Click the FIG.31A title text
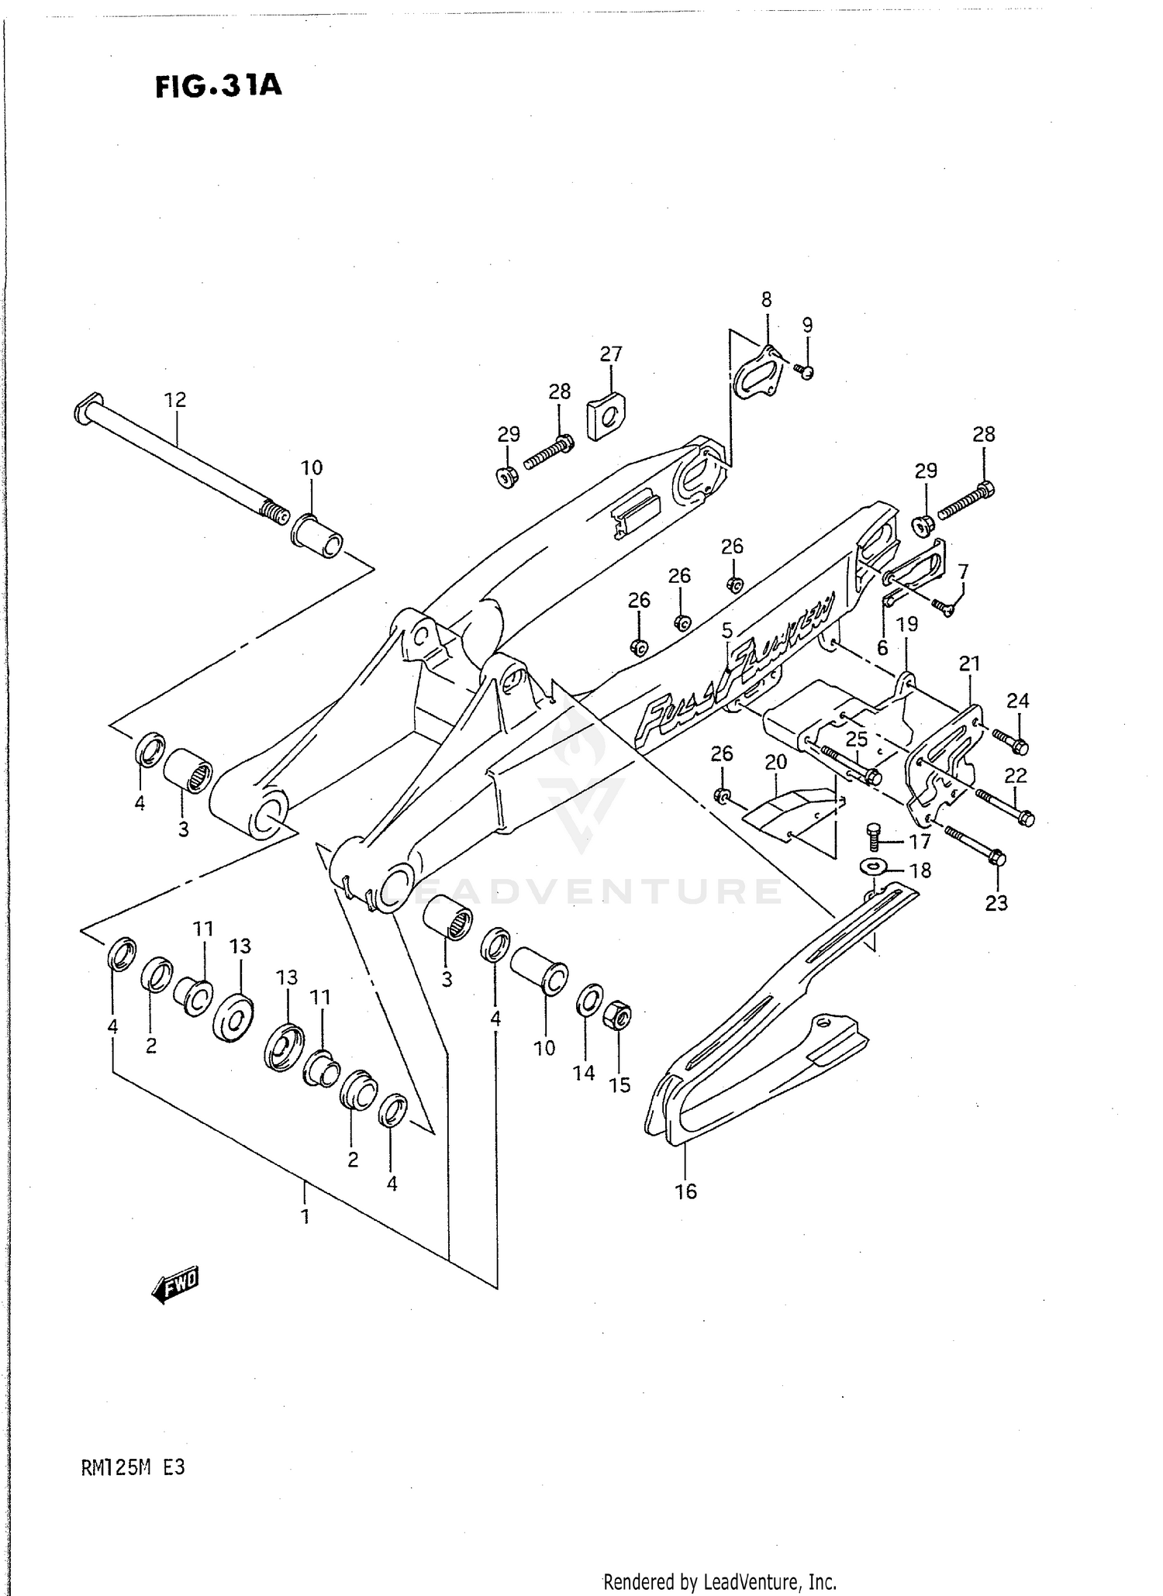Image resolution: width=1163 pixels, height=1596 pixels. [x=218, y=86]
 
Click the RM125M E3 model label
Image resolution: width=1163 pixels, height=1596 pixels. [x=133, y=1467]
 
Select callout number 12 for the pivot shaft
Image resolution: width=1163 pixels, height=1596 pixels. [x=175, y=400]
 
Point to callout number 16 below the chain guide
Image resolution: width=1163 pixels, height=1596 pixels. [x=685, y=1191]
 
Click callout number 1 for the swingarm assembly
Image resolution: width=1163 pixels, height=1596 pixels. [x=305, y=1215]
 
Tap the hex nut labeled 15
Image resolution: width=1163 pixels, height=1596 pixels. [x=620, y=1014]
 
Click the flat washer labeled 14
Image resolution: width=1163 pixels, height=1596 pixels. [x=589, y=1001]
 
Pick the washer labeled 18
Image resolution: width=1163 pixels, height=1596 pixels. [x=874, y=865]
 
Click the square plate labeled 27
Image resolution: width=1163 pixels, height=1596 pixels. [x=607, y=416]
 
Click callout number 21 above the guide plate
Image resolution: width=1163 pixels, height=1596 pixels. [x=969, y=664]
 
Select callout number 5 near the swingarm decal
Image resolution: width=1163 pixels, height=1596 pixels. [x=726, y=630]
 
